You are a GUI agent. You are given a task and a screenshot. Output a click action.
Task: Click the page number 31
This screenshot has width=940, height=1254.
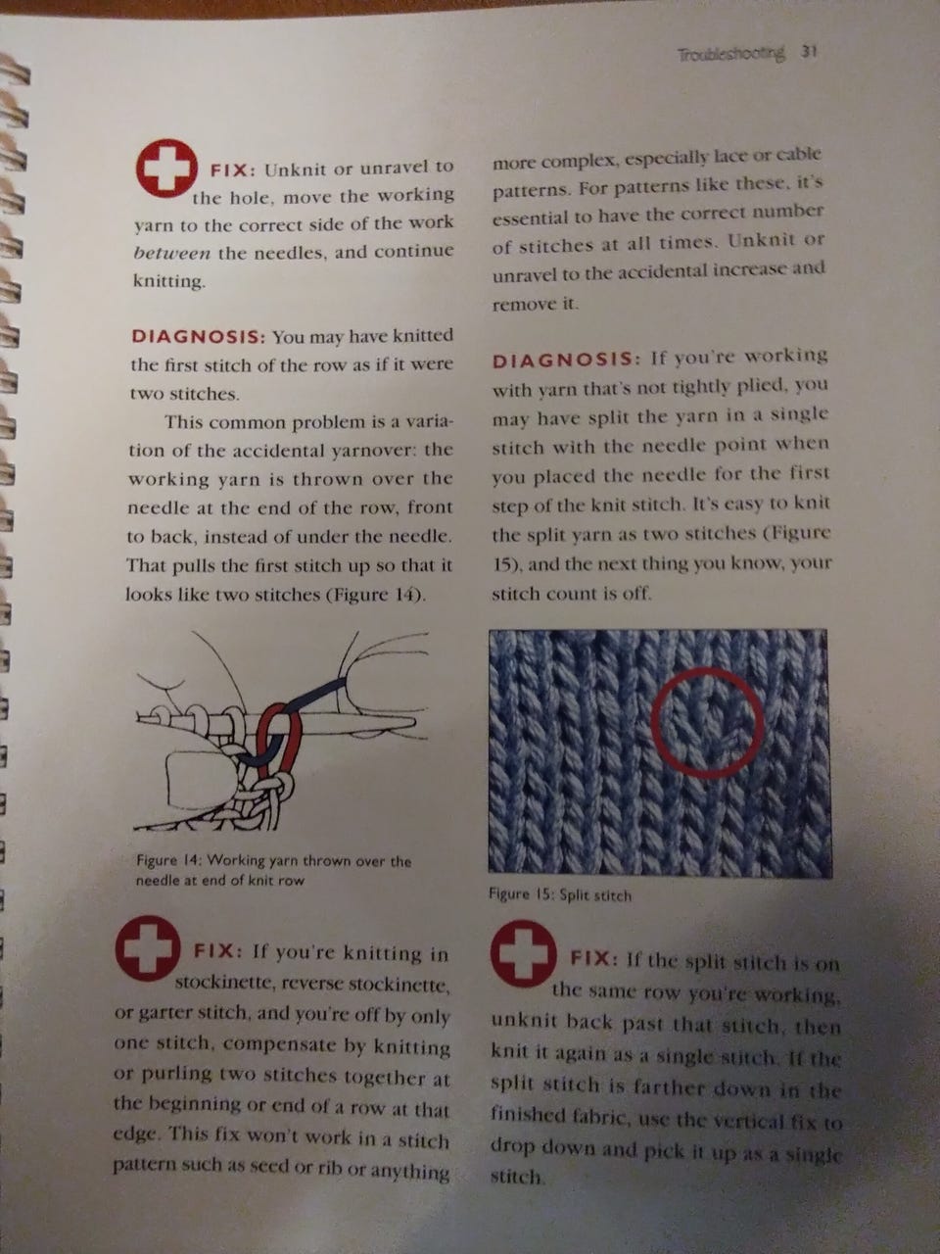(x=809, y=53)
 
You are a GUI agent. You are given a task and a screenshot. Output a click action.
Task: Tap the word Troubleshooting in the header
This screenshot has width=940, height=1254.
(x=731, y=54)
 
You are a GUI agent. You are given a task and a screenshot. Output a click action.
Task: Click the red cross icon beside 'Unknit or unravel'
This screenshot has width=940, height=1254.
(x=166, y=168)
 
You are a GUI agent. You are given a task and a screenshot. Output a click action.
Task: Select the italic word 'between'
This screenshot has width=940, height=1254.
(x=171, y=253)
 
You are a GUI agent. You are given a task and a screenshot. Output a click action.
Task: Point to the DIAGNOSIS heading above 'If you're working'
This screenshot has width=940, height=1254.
(x=564, y=361)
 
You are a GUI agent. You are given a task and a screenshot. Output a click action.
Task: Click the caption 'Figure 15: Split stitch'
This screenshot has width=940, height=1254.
(x=560, y=894)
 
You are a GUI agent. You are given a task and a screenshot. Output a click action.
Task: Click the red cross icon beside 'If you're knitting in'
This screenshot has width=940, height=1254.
(x=148, y=945)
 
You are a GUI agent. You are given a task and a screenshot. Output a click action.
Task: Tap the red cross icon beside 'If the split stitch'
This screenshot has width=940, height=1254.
(x=523, y=953)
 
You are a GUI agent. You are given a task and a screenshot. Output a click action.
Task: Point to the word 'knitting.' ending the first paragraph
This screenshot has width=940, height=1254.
(x=169, y=282)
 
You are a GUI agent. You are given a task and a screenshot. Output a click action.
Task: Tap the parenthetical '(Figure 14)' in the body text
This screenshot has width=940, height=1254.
(x=377, y=596)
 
